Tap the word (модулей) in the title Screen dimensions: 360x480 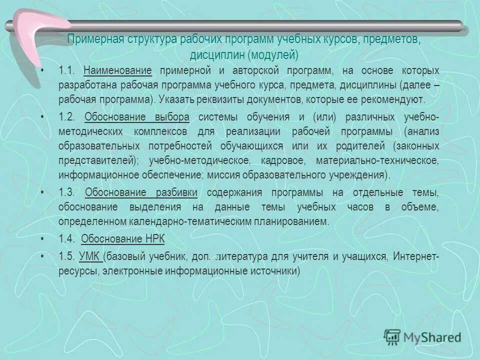274,53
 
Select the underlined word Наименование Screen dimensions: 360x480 117,70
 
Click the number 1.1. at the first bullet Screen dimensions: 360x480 66,70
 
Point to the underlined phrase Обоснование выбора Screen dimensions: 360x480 137,117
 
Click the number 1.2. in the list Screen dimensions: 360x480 66,117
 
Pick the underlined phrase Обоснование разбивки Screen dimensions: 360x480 141,193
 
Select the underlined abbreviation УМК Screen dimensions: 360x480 90,256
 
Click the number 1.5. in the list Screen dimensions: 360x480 66,256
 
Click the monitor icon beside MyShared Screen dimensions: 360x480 392,336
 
